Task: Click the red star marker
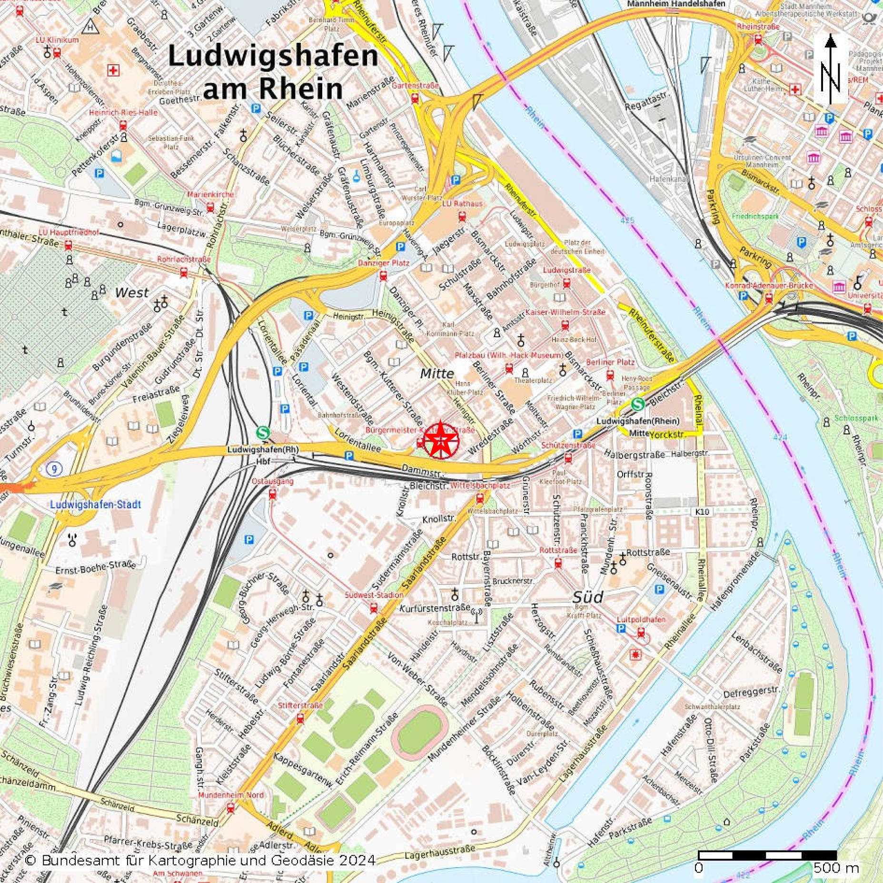click(x=441, y=440)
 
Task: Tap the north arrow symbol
click(x=831, y=69)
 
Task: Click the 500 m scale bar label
click(x=835, y=868)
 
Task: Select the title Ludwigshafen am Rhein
click(x=273, y=71)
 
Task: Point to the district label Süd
click(x=587, y=597)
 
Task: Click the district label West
click(x=132, y=292)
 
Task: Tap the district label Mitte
click(x=437, y=374)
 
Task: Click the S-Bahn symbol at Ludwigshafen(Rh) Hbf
click(x=263, y=432)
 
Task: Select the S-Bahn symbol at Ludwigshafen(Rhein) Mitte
click(x=638, y=404)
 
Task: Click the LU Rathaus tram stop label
click(x=462, y=203)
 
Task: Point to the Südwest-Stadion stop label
click(x=374, y=595)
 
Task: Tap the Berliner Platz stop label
click(x=610, y=362)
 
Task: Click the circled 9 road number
click(x=55, y=470)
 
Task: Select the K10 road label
click(x=702, y=512)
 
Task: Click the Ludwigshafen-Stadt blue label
click(x=95, y=504)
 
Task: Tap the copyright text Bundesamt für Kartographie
click(x=200, y=860)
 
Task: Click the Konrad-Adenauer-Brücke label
click(x=769, y=285)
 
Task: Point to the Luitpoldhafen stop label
click(x=641, y=619)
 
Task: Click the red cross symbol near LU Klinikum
click(x=113, y=70)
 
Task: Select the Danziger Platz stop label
click(x=384, y=263)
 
